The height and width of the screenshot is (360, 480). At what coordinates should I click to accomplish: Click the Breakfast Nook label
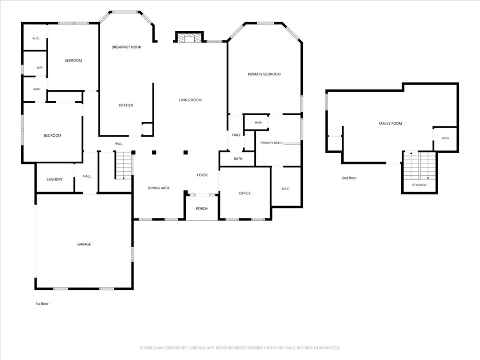[x=126, y=47]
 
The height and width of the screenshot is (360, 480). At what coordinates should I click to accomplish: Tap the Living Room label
[x=190, y=100]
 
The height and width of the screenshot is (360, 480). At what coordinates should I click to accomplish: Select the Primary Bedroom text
[x=264, y=74]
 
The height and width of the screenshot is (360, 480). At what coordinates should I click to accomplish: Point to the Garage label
[x=84, y=244]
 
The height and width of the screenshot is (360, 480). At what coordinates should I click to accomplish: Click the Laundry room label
[x=55, y=180]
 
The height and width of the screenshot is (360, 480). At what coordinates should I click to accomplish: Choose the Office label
[x=245, y=193]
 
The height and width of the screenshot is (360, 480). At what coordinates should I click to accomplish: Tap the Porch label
[x=202, y=209]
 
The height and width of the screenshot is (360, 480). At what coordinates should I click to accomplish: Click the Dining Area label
[x=158, y=188]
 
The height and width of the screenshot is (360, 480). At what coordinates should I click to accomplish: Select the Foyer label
[x=202, y=175]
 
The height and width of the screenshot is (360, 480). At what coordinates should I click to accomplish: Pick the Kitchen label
[x=126, y=105]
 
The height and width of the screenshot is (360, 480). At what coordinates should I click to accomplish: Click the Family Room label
[x=390, y=124]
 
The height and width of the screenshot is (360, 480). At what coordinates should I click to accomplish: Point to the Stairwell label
[x=420, y=185]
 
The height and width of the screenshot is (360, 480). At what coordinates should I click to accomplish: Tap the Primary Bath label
[x=271, y=143]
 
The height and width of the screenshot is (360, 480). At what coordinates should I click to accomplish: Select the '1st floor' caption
[x=42, y=304]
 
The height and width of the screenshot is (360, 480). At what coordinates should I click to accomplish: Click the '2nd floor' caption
[x=349, y=178]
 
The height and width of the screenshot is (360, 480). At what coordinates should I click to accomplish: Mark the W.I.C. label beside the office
[x=285, y=189]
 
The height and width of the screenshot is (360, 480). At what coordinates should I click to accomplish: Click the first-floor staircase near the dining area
[x=124, y=165]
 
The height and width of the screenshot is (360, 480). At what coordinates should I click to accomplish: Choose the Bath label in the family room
[x=445, y=138]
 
